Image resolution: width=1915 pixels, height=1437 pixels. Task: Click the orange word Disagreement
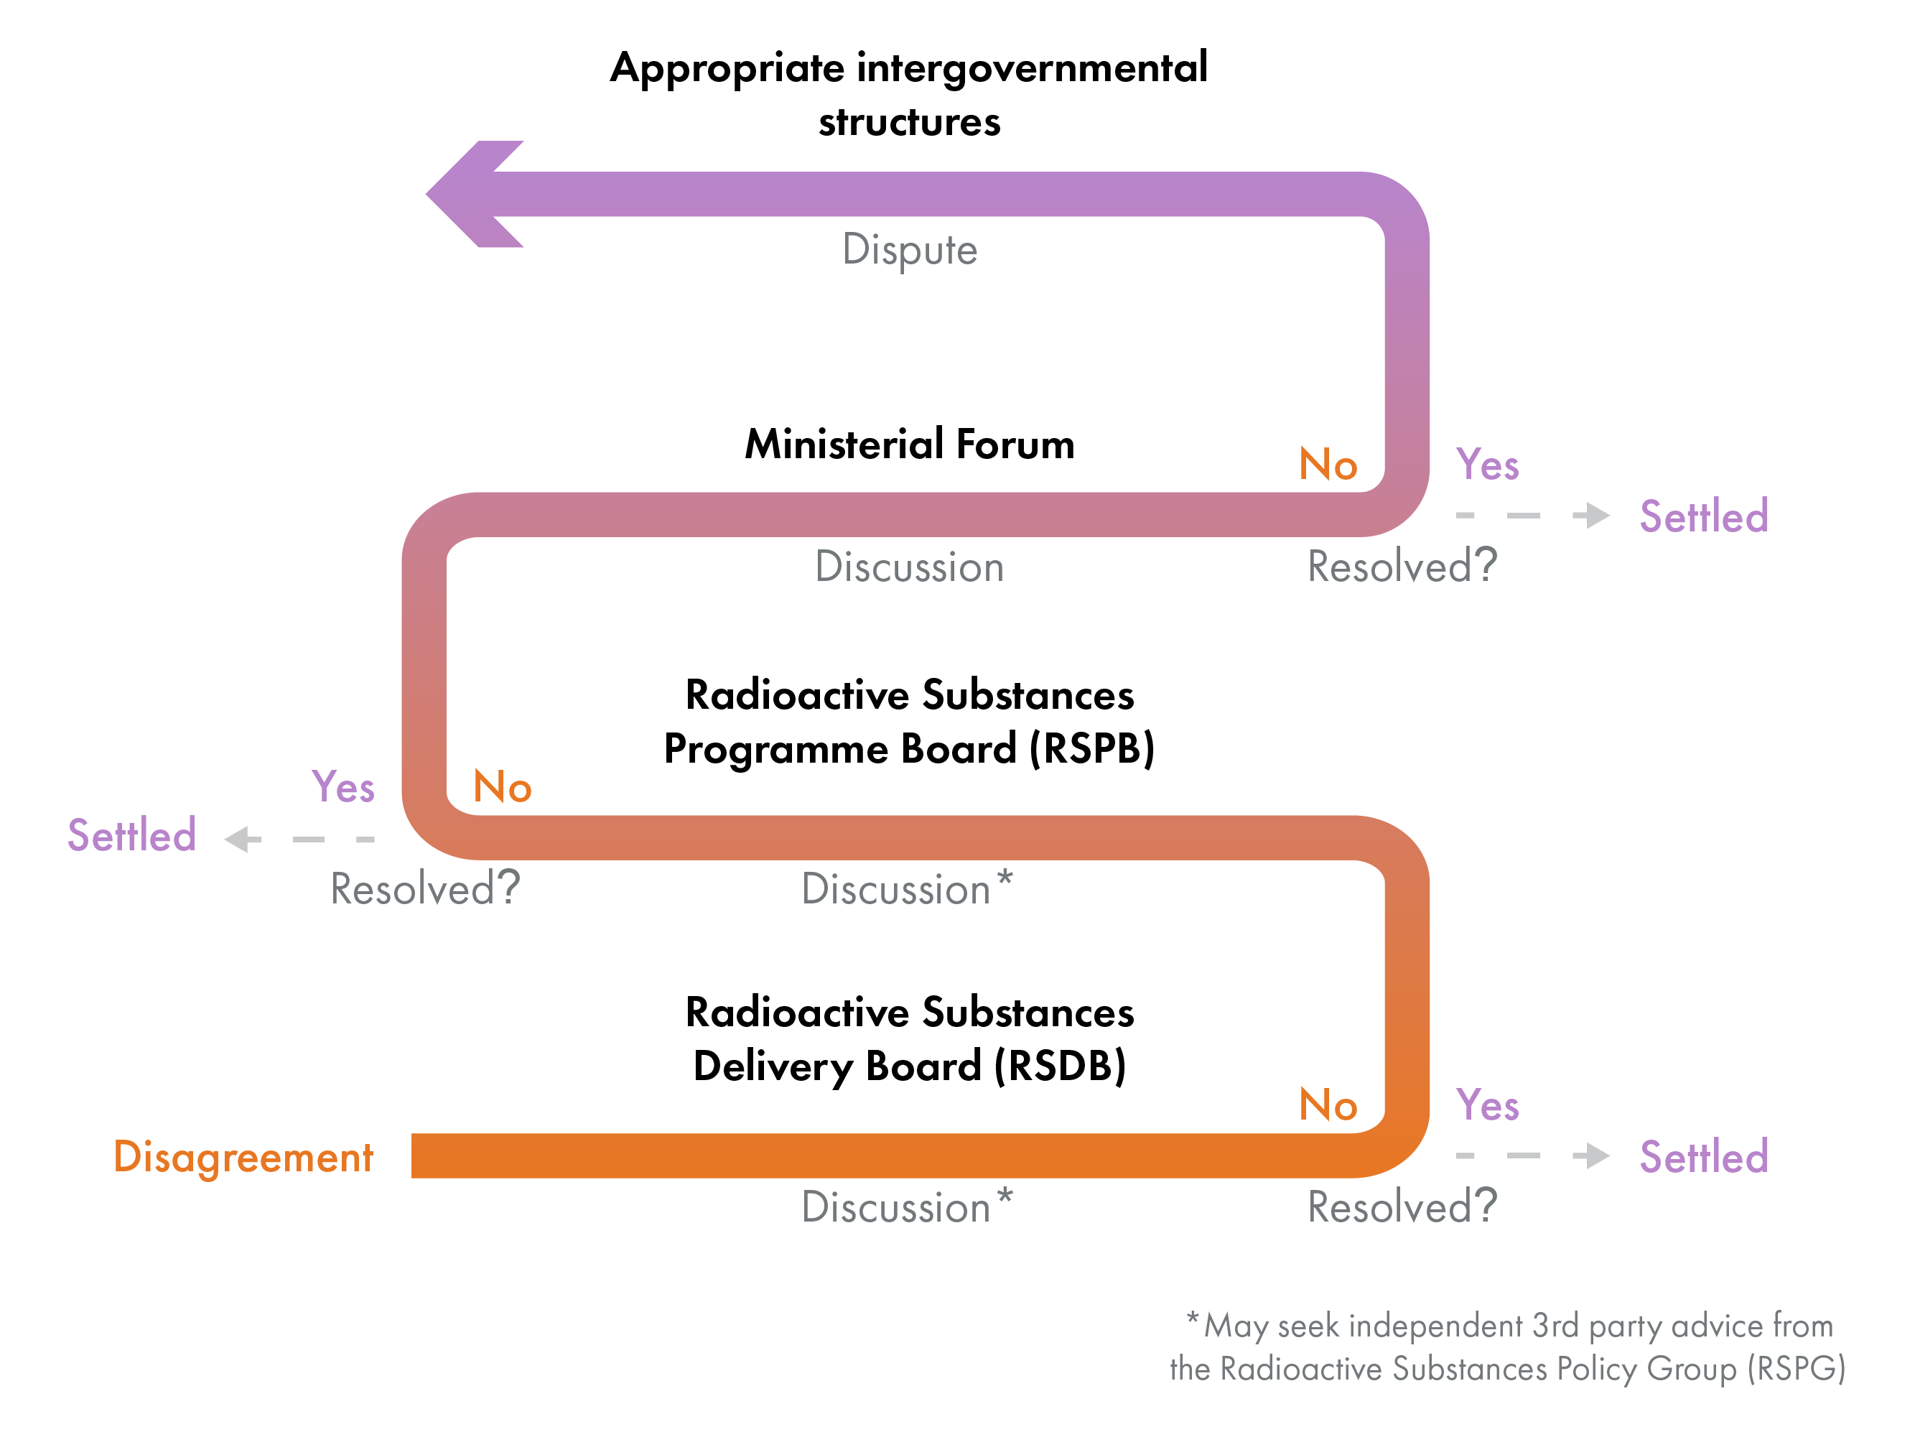(243, 1158)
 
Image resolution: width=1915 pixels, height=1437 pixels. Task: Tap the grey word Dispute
(909, 250)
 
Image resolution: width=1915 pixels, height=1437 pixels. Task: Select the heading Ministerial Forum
(909, 445)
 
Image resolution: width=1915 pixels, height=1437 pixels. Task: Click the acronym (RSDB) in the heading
(1060, 1066)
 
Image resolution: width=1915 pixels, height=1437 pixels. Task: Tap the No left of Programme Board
(502, 788)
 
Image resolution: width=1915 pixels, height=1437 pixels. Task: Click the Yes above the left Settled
(343, 788)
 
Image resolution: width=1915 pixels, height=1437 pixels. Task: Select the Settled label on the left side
(131, 836)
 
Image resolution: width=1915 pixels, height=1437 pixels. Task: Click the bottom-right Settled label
(1703, 1158)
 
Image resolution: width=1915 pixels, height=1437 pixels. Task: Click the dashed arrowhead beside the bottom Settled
(1592, 1155)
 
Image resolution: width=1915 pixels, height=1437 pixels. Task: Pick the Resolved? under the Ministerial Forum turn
(1401, 567)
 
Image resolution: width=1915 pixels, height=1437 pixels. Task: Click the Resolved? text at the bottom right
(1401, 1206)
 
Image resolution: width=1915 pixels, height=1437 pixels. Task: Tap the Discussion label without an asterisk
(909, 568)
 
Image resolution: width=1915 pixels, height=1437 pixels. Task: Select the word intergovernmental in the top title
(1031, 68)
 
